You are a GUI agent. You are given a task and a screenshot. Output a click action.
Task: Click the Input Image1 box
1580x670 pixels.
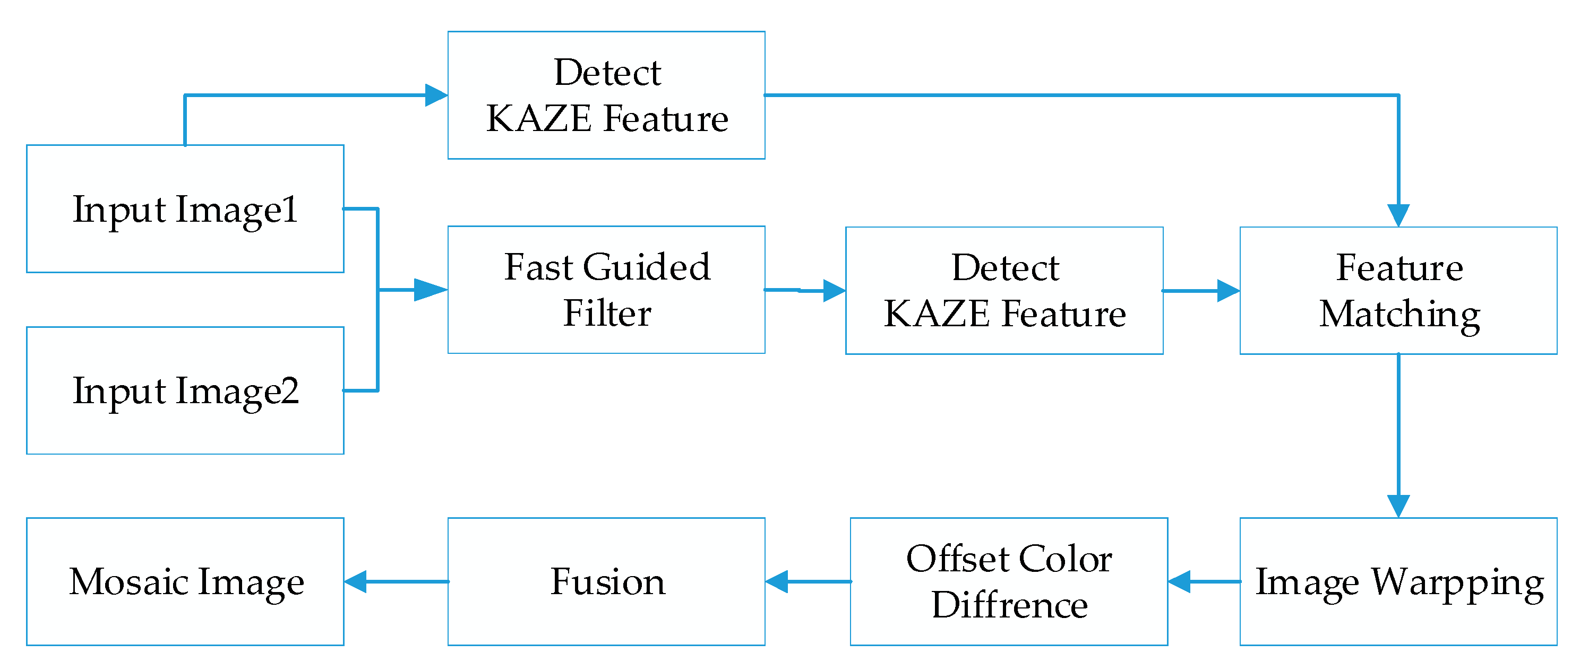tap(185, 208)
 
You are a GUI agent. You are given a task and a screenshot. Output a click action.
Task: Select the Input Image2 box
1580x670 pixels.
tap(185, 390)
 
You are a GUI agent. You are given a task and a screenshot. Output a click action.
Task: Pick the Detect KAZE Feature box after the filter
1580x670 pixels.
tap(1004, 290)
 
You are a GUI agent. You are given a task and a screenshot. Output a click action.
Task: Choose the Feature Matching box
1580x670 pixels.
tap(1398, 290)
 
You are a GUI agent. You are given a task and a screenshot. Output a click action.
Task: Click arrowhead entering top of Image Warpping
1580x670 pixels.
tap(1398, 506)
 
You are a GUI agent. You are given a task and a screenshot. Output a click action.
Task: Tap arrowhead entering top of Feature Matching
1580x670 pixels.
tap(1398, 215)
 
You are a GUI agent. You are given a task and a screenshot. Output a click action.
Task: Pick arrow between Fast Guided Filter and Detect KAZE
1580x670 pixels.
tap(805, 290)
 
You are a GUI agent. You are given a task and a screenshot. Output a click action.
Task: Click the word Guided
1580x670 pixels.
tap(647, 268)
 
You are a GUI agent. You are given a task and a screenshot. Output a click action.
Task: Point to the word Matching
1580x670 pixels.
tap(1399, 315)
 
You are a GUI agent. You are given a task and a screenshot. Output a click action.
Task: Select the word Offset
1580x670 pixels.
tap(952, 559)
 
